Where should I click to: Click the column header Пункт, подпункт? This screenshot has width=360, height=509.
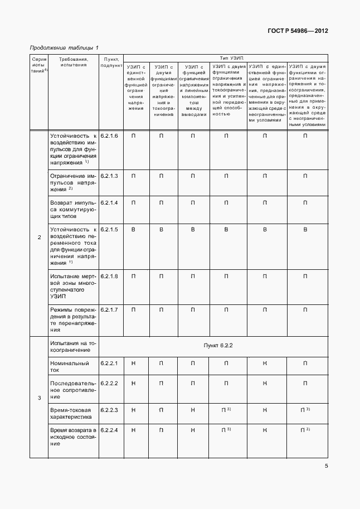click(x=111, y=62)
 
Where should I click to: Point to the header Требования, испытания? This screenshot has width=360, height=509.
click(x=73, y=62)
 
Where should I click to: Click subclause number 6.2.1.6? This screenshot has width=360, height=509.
click(x=109, y=136)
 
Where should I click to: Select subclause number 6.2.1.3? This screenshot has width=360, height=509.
click(x=109, y=176)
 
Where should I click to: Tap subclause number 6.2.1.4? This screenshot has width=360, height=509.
click(x=109, y=202)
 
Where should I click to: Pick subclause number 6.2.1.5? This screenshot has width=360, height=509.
click(x=109, y=229)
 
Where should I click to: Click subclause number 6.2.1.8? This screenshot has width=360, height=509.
click(x=109, y=276)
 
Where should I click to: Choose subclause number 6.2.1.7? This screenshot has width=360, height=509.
click(x=109, y=309)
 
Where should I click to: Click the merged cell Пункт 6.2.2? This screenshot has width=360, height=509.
click(x=218, y=345)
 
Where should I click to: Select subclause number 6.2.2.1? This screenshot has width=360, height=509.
click(x=109, y=363)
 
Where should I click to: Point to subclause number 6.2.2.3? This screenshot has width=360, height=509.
click(x=109, y=410)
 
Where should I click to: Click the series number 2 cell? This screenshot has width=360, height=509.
click(x=39, y=238)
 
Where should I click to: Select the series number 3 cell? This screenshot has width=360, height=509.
click(x=39, y=397)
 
